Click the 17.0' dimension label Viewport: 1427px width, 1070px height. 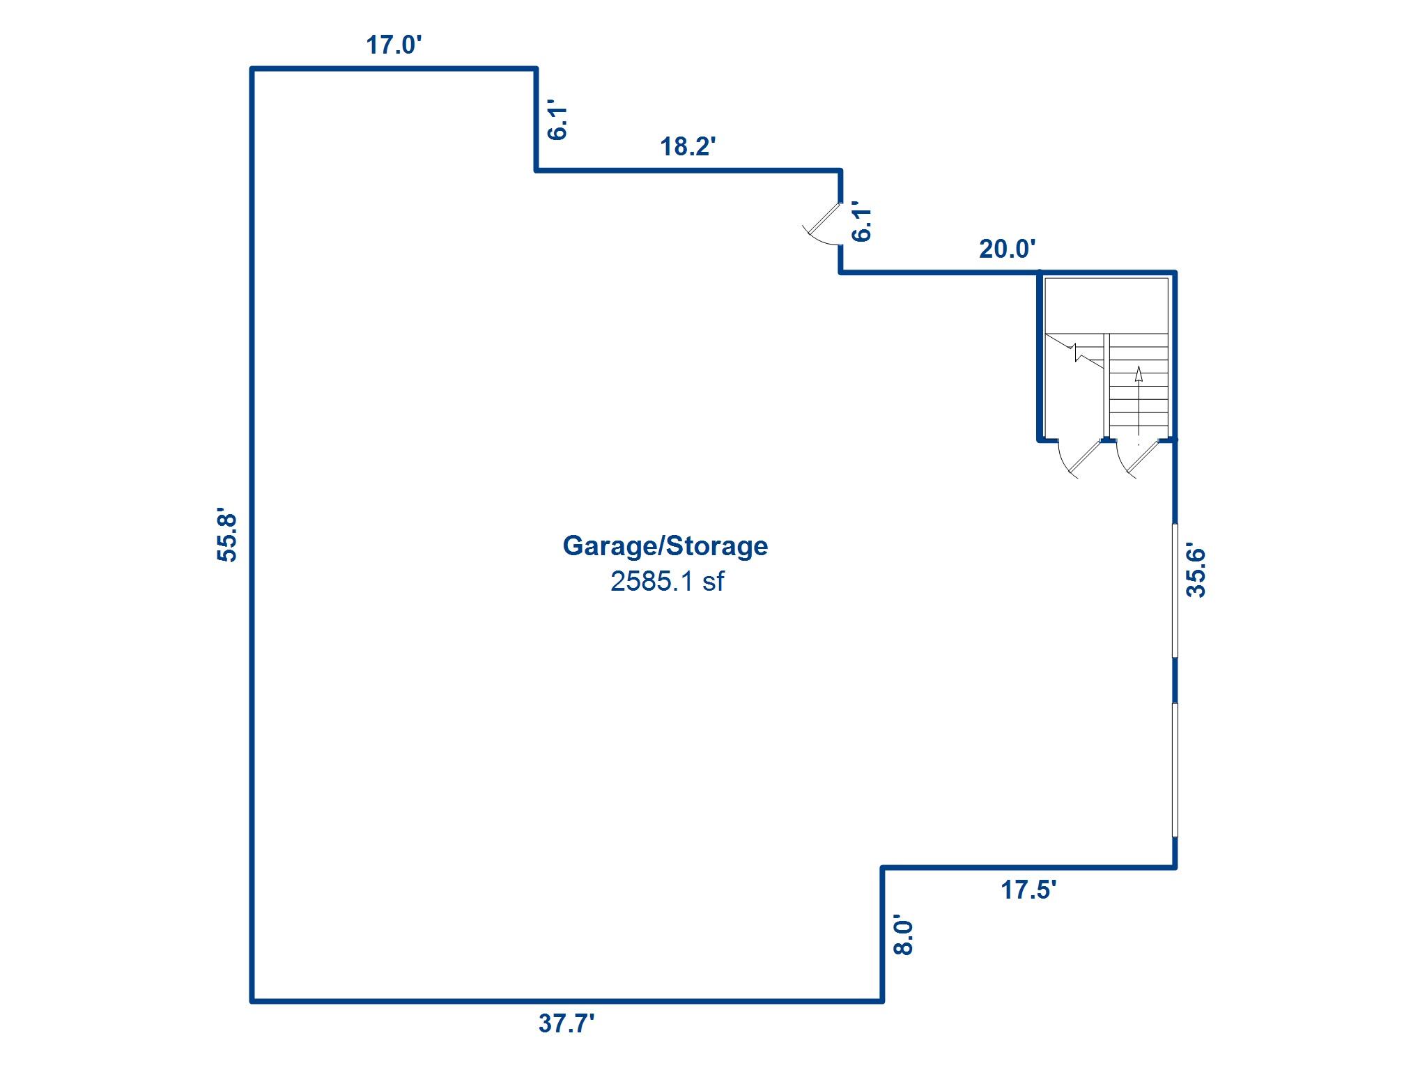[x=394, y=45]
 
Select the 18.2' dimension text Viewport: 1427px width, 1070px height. [x=688, y=146]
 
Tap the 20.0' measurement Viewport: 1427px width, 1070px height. [x=1008, y=249]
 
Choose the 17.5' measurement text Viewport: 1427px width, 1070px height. [x=1029, y=890]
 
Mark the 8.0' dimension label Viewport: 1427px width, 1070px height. [x=903, y=936]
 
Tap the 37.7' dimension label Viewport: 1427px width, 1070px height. [x=566, y=1023]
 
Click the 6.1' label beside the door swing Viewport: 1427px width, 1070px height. [x=862, y=222]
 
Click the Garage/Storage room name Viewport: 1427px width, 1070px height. [x=665, y=545]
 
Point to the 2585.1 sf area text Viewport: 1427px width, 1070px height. [x=667, y=581]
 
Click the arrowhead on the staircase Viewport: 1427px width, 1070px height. [x=1139, y=374]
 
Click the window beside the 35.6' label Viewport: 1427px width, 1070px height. [x=1175, y=590]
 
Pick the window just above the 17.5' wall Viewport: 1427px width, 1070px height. [x=1175, y=769]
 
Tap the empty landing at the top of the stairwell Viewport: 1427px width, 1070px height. [x=1106, y=306]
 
